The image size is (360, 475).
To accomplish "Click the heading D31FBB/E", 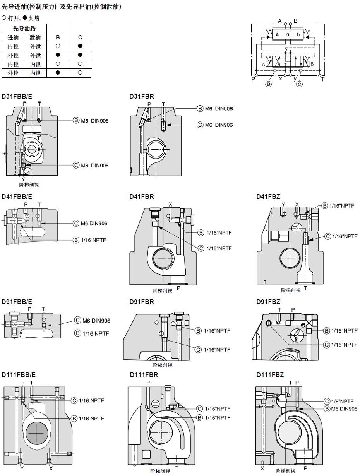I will pyautogui.click(x=17, y=96).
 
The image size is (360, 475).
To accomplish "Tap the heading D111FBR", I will pyautogui.click(x=144, y=375).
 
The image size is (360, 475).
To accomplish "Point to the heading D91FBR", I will pyautogui.click(x=142, y=302).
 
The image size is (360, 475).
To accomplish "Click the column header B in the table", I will pyautogui.click(x=58, y=38).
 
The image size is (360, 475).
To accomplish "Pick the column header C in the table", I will pyautogui.click(x=80, y=38).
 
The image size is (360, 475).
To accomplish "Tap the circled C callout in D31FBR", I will pyautogui.click(x=200, y=125).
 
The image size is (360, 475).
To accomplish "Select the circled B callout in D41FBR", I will pyautogui.click(x=201, y=232).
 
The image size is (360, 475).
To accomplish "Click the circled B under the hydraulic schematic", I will pyautogui.click(x=268, y=84).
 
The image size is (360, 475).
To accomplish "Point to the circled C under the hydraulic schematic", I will pyautogui.click(x=299, y=84).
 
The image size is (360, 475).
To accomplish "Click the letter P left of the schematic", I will pyautogui.click(x=253, y=79).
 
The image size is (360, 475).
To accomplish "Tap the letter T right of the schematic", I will pyautogui.click(x=322, y=79).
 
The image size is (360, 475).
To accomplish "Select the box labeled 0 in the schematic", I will pyautogui.click(x=288, y=34).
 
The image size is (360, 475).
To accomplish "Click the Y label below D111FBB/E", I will pyautogui.click(x=22, y=468).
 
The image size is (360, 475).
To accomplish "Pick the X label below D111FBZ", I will pyautogui.click(x=262, y=468).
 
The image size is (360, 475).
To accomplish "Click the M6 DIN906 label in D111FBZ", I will pyautogui.click(x=344, y=409).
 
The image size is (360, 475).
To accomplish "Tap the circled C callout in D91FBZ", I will pyautogui.click(x=327, y=345).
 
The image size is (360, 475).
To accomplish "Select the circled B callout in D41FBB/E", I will pyautogui.click(x=76, y=240).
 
